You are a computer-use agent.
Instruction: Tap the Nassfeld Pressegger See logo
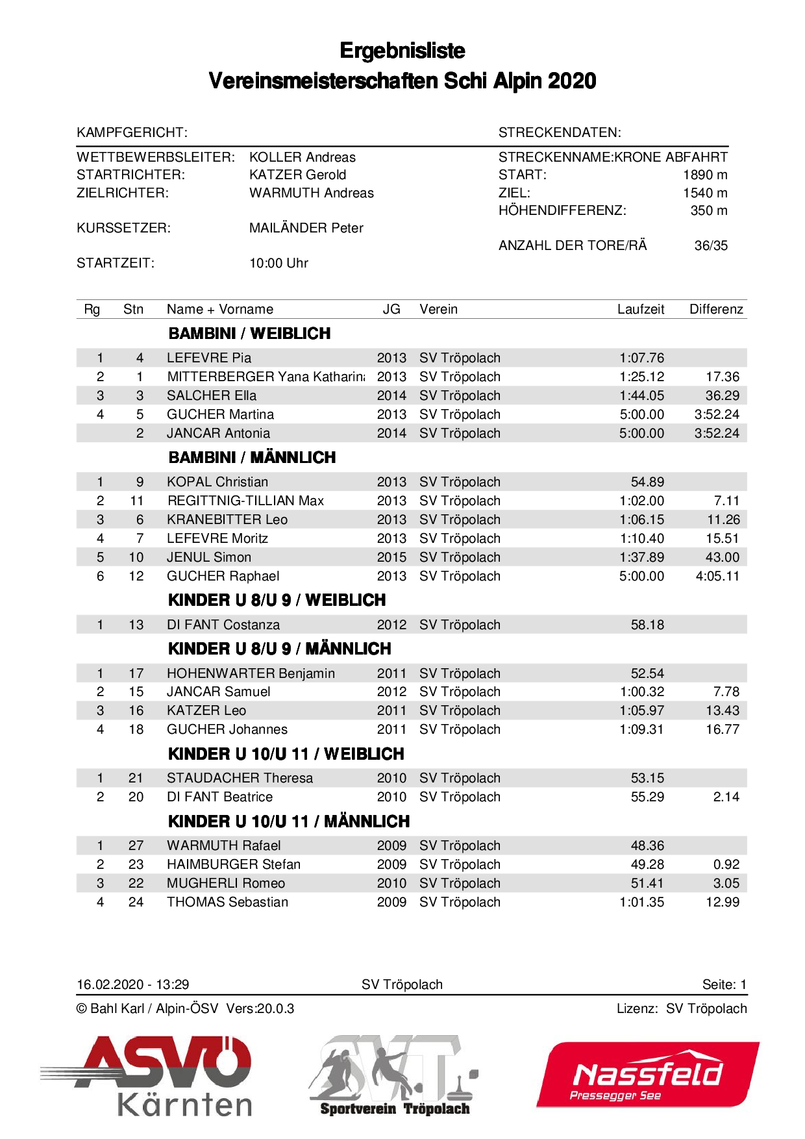[x=647, y=1075]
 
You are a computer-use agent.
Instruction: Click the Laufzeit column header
[x=640, y=309]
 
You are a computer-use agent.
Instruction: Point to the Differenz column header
[x=715, y=309]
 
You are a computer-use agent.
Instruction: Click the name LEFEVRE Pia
[x=208, y=358]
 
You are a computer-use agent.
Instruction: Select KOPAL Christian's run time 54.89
[x=647, y=482]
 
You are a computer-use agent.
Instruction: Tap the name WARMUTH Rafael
[x=223, y=845]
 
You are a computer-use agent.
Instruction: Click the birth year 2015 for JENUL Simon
[x=391, y=557]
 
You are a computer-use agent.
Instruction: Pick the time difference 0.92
[x=726, y=864]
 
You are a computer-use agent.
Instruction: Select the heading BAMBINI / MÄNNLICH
[x=252, y=458]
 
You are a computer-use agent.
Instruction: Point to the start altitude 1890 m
[x=704, y=175]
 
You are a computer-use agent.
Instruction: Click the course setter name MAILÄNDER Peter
[x=306, y=228]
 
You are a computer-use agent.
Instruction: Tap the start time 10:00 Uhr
[x=279, y=263]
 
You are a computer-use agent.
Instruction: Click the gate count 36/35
[x=710, y=245]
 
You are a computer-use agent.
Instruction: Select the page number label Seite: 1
[x=724, y=984]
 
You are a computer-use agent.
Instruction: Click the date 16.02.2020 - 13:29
[x=132, y=984]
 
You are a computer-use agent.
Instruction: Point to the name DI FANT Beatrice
[x=219, y=797]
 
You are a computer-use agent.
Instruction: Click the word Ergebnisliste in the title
[x=402, y=51]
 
